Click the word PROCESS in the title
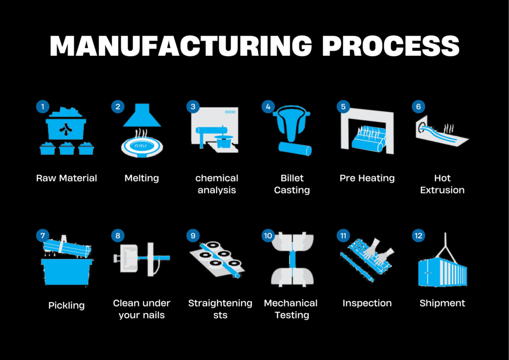click(x=391, y=46)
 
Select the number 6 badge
click(x=418, y=106)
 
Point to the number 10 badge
click(x=268, y=235)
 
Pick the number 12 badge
click(x=418, y=235)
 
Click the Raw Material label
click(x=67, y=178)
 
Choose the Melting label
click(x=142, y=178)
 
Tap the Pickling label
click(x=66, y=305)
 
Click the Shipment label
click(x=442, y=303)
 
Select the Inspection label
click(x=367, y=303)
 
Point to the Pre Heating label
click(x=367, y=178)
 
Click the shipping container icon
click(x=442, y=273)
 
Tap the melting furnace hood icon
click(x=141, y=117)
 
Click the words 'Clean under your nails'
click(x=142, y=309)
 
